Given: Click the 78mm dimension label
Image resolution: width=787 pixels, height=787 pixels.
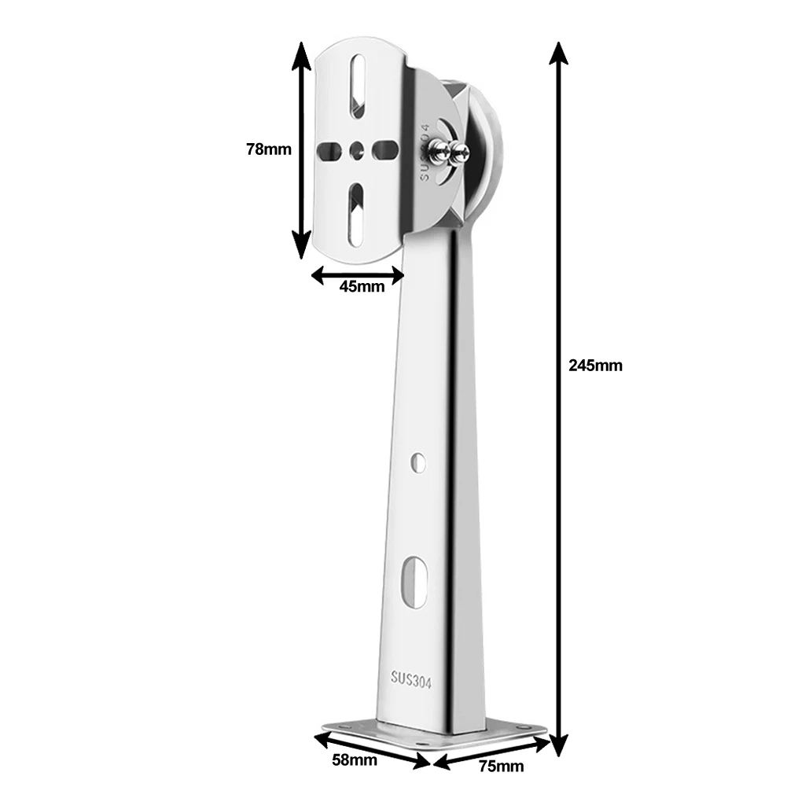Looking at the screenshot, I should click(269, 148).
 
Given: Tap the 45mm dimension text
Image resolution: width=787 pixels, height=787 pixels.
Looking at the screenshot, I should click(362, 286).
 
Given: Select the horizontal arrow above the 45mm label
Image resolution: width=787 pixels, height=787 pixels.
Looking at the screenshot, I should click(358, 274).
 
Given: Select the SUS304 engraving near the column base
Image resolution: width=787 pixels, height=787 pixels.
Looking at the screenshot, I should click(412, 677).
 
